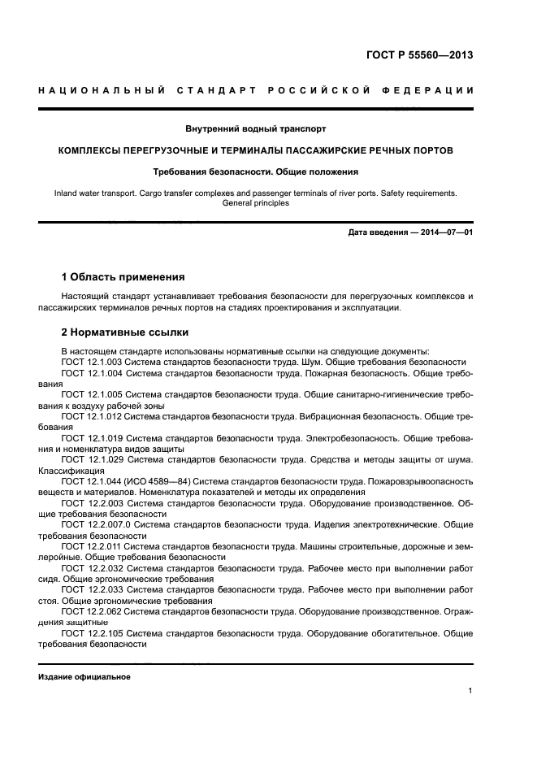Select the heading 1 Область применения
[x=123, y=277]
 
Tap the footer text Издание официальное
[x=84, y=677]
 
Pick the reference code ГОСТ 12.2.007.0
[x=97, y=524]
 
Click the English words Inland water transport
[x=93, y=193]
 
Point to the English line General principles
[x=256, y=203]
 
